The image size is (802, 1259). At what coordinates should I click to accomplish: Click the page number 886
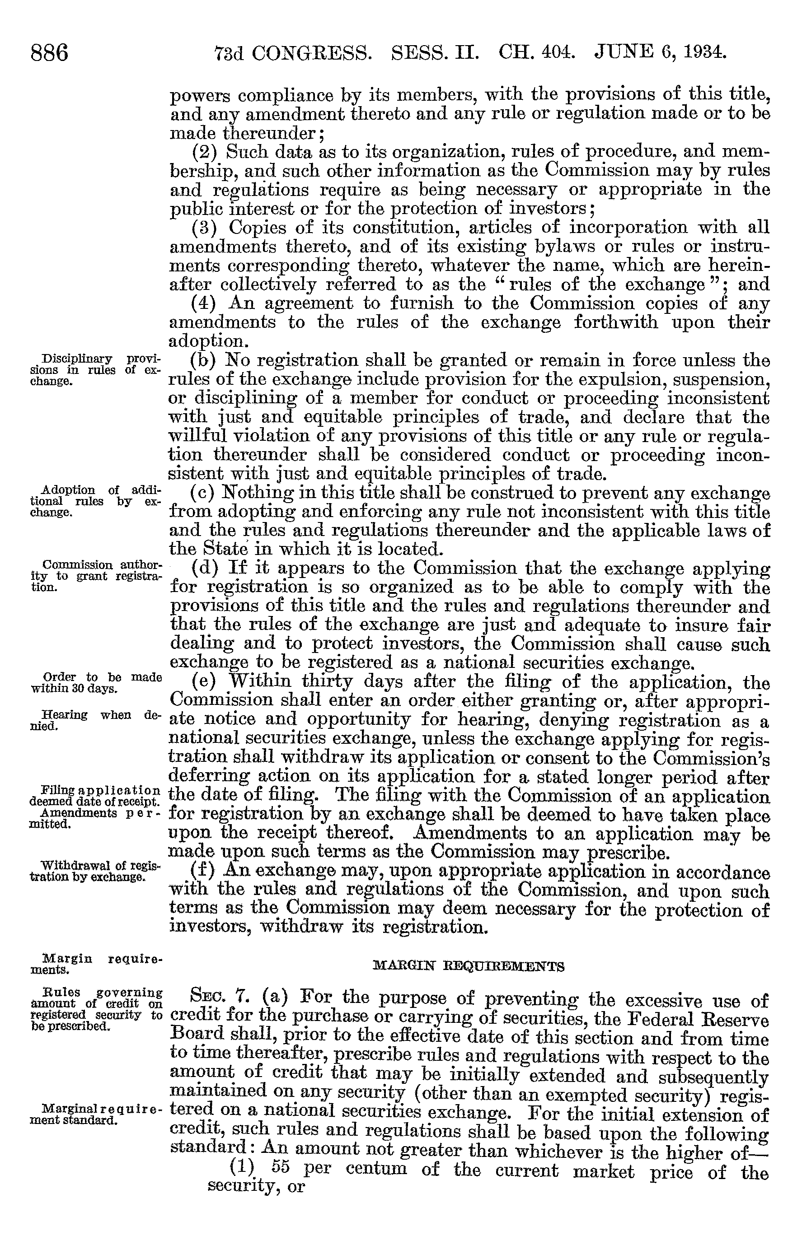pos(50,53)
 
